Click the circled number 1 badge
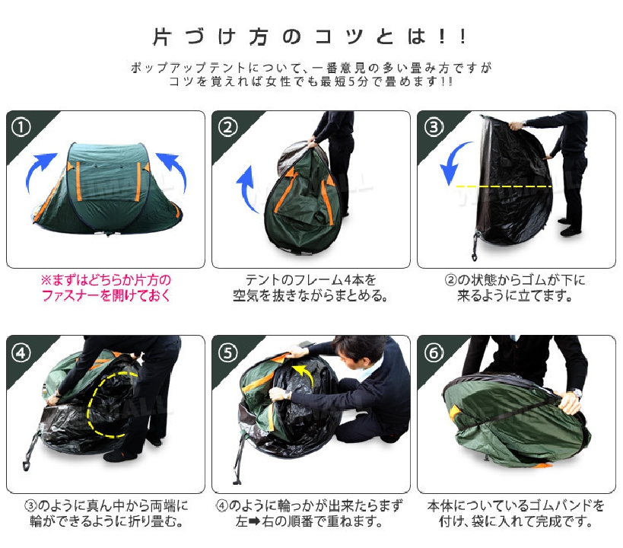point(21,128)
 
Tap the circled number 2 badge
point(227,128)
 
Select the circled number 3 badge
point(434,128)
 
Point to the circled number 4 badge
point(21,352)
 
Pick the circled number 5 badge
point(227,352)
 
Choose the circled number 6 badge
point(434,352)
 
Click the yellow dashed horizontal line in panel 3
point(504,186)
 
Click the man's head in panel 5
point(358,351)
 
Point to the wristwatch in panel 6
point(575,393)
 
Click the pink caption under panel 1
point(106,288)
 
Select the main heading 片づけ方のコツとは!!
point(310,37)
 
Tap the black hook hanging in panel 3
point(475,247)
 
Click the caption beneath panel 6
point(515,513)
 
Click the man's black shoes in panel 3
point(571,227)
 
